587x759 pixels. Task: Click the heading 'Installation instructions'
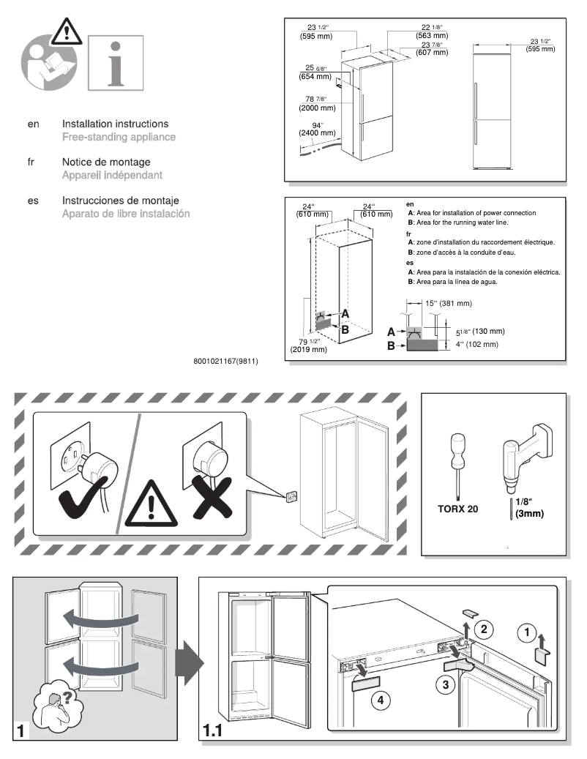[x=115, y=124]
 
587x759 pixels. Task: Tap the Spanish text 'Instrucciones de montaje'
[x=120, y=201]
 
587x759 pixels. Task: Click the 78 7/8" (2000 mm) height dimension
[x=317, y=103]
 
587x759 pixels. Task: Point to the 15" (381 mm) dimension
[x=449, y=303]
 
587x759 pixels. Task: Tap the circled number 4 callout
[x=379, y=700]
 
